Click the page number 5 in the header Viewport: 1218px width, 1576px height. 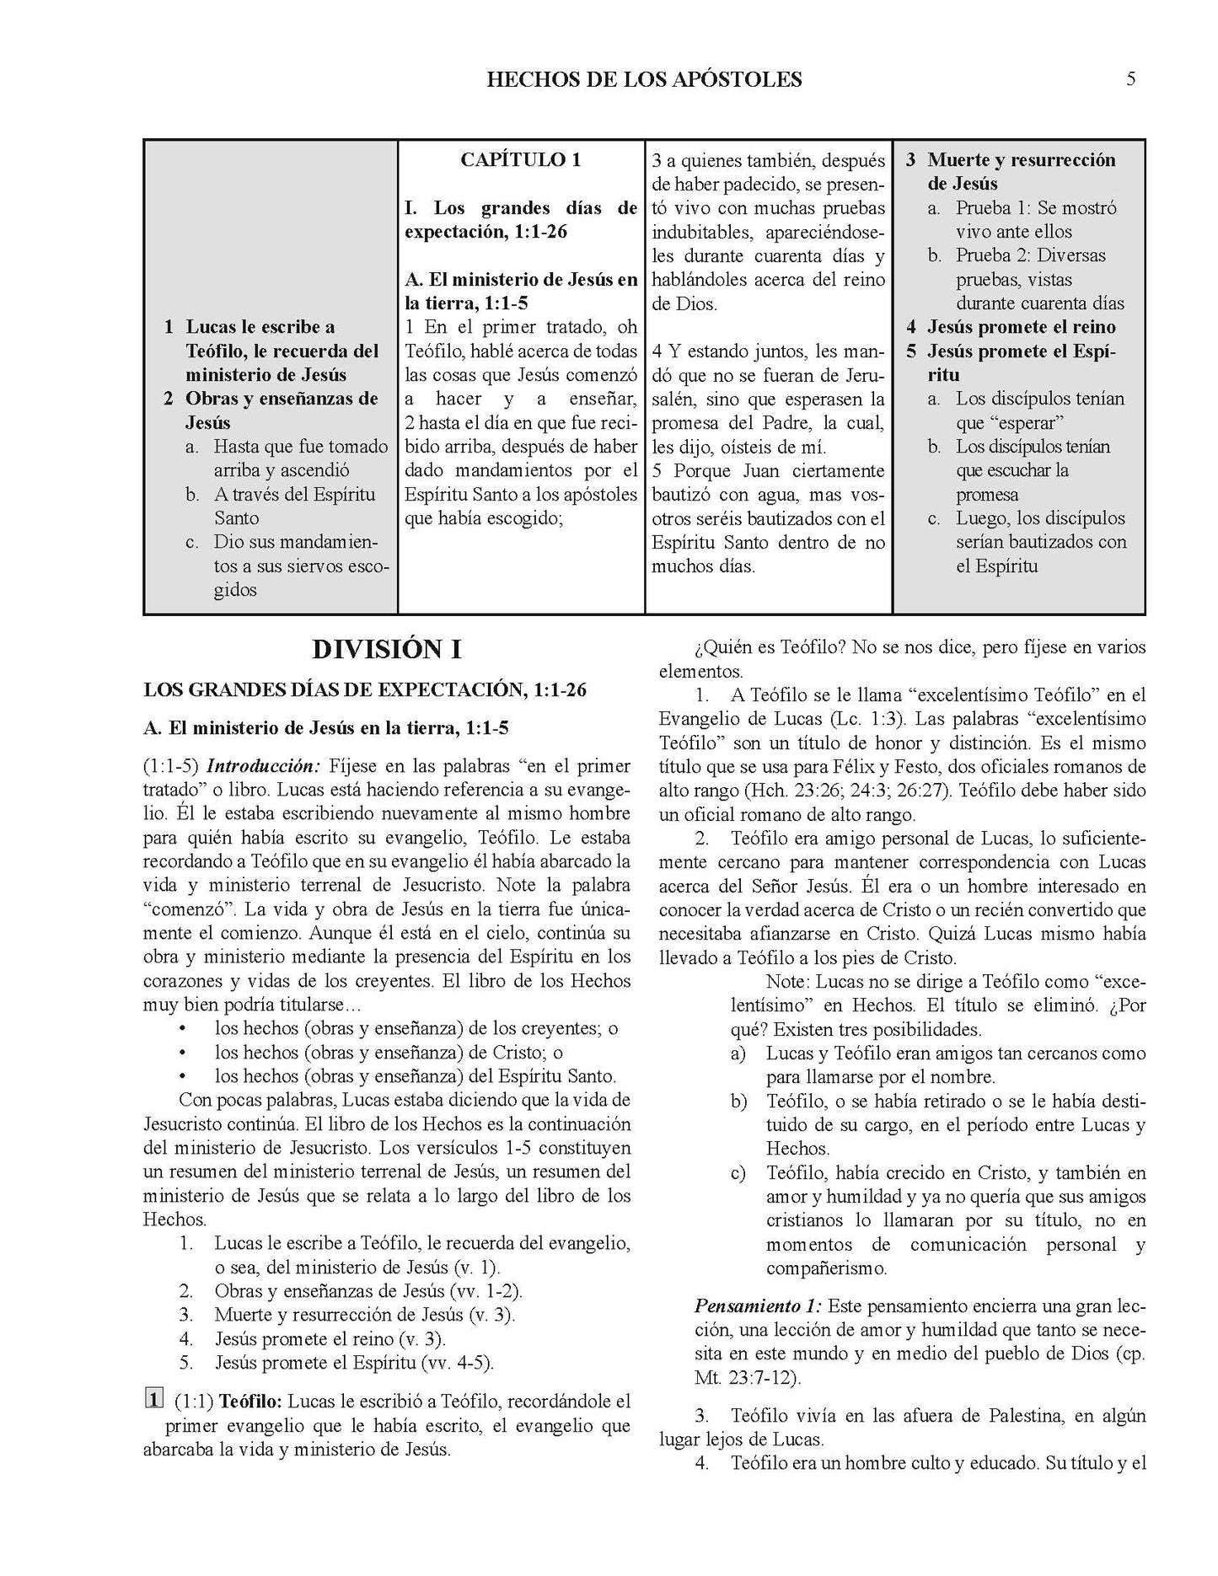(x=1130, y=79)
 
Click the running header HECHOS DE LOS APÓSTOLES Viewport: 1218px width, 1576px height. (x=644, y=80)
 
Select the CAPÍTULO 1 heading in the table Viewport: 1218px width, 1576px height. (x=520, y=160)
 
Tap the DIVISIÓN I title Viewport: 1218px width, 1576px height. (x=387, y=650)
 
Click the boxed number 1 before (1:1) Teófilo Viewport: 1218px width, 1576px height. (x=153, y=1401)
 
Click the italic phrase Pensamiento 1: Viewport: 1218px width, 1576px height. (x=758, y=1307)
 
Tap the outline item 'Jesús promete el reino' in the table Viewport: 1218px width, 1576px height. (x=1021, y=327)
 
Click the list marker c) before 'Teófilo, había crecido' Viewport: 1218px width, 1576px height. (x=738, y=1173)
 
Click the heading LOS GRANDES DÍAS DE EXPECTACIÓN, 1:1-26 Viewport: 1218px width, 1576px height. (x=365, y=690)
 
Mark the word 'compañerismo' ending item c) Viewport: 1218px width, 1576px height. (x=826, y=1268)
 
